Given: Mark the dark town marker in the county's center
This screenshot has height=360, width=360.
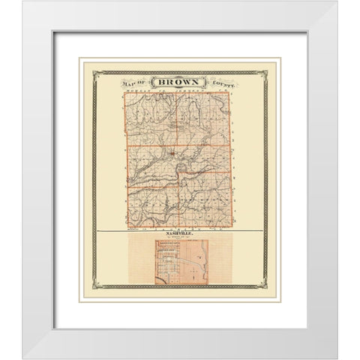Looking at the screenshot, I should pyautogui.click(x=172, y=154).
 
